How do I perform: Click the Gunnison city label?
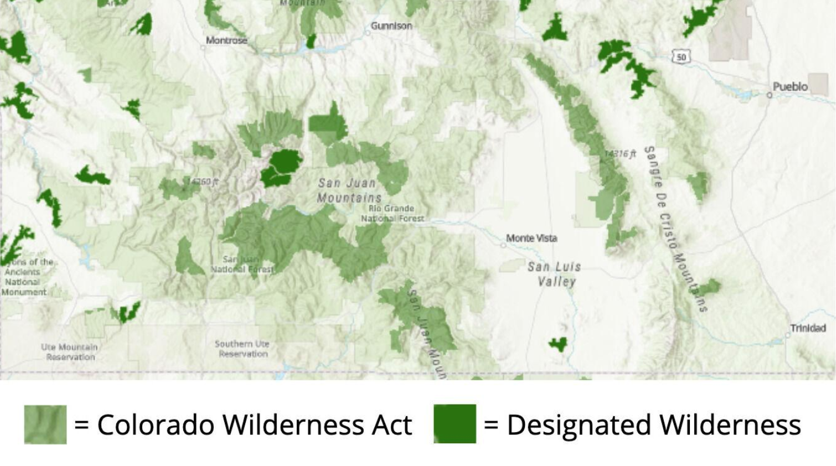pyautogui.click(x=391, y=25)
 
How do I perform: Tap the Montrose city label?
pyautogui.click(x=226, y=40)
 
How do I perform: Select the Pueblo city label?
pyautogui.click(x=790, y=86)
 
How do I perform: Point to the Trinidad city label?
pyautogui.click(x=808, y=328)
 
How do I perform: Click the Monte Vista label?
pyautogui.click(x=531, y=238)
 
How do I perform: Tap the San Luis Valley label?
pyautogui.click(x=555, y=274)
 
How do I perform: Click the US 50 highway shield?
pyautogui.click(x=681, y=56)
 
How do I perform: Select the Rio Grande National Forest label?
pyautogui.click(x=392, y=213)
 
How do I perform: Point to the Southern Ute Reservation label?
pyautogui.click(x=242, y=349)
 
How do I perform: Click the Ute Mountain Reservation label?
pyautogui.click(x=70, y=352)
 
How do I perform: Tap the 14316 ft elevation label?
pyautogui.click(x=620, y=153)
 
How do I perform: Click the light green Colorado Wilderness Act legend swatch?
pyautogui.click(x=45, y=424)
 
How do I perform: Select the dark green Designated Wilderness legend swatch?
pyautogui.click(x=455, y=424)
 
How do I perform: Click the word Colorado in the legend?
pyautogui.click(x=156, y=425)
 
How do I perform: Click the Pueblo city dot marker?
pyautogui.click(x=769, y=95)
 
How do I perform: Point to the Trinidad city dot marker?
pyautogui.click(x=788, y=335)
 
